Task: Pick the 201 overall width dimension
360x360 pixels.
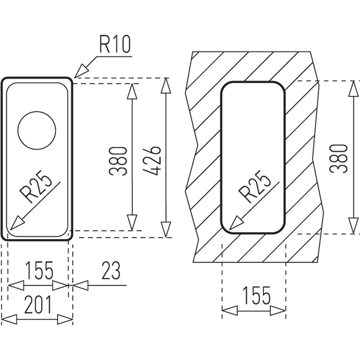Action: (38, 305)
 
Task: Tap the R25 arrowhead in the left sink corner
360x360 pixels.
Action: (17, 223)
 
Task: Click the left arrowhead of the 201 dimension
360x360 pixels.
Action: (9, 319)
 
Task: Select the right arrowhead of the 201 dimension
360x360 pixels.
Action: (65, 319)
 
